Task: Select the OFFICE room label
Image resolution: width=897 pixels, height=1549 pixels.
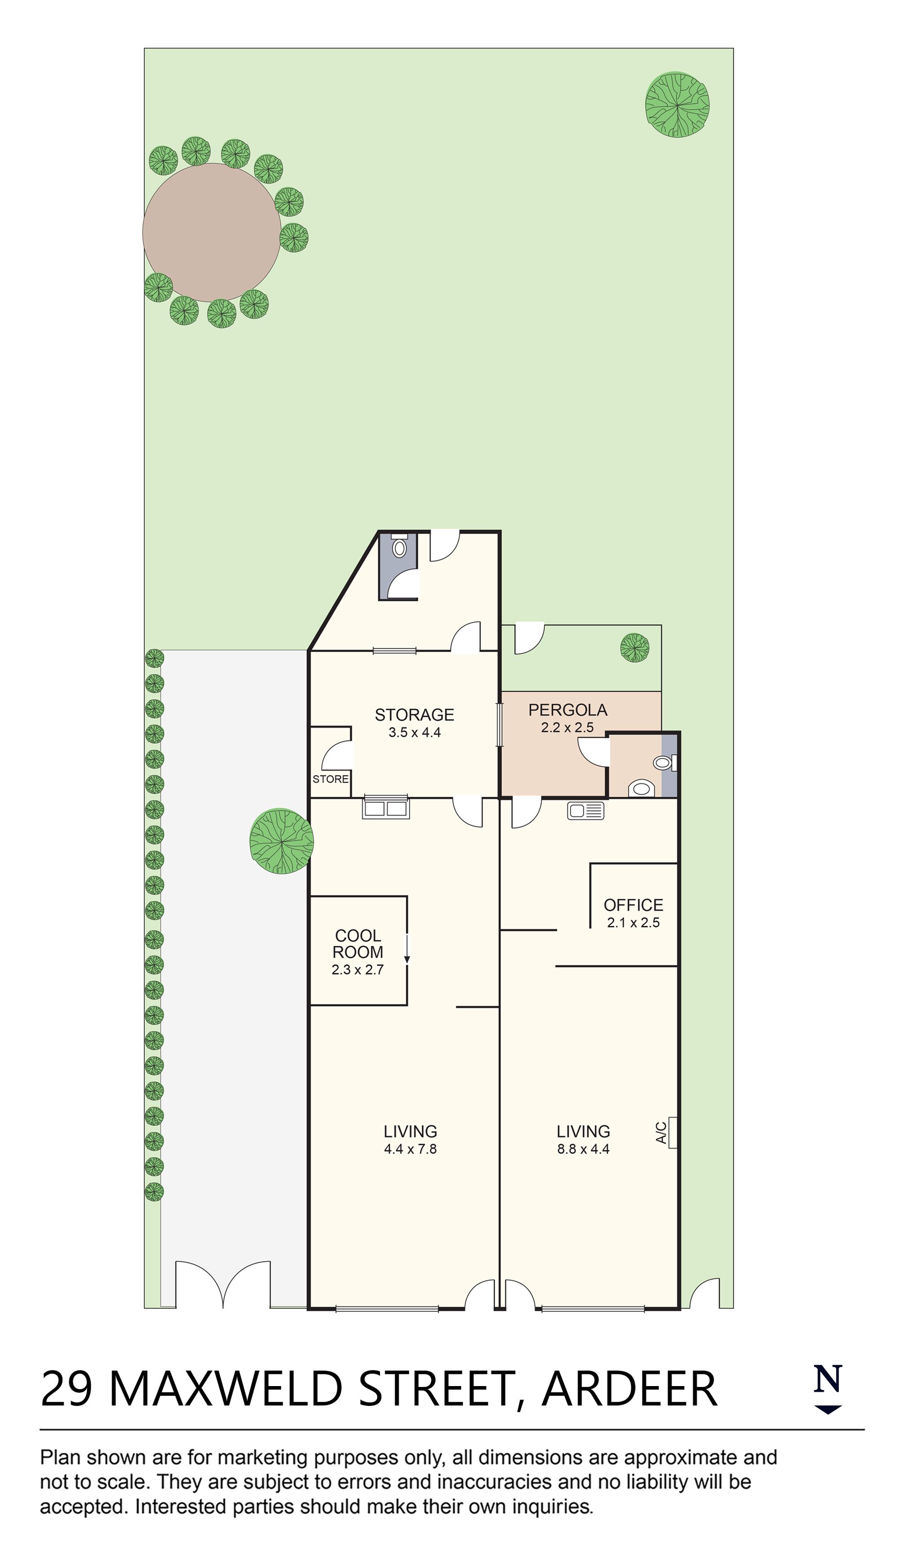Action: pos(633,905)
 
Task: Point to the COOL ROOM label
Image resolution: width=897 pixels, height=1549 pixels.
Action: pos(357,943)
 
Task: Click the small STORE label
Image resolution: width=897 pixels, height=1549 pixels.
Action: pos(331,779)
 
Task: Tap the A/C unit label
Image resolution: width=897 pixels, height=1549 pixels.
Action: pos(661,1132)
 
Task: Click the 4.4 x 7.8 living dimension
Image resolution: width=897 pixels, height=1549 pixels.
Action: pos(410,1149)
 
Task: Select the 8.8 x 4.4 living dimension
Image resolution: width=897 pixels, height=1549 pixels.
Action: pos(583,1149)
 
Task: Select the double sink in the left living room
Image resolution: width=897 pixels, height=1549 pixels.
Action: pos(385,807)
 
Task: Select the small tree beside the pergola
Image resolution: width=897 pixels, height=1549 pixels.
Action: pos(634,648)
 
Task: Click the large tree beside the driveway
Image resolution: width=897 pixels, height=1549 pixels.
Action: pos(281,841)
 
